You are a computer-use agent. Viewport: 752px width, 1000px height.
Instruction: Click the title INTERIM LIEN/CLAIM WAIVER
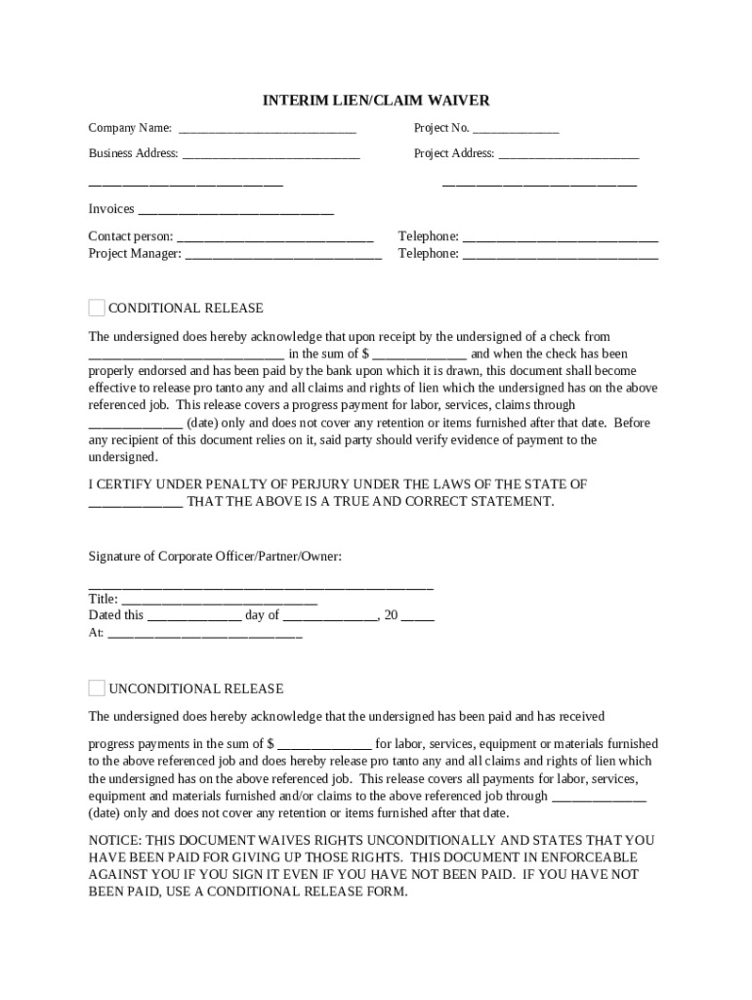coord(376,101)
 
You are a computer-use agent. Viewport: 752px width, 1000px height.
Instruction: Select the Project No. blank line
coord(516,129)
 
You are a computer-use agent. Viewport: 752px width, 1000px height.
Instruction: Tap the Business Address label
coord(133,153)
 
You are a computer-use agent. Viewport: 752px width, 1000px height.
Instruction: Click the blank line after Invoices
coord(235,210)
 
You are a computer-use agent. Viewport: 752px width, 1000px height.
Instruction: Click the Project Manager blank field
coord(283,254)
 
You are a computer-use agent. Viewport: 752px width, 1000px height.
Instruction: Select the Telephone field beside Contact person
coord(560,237)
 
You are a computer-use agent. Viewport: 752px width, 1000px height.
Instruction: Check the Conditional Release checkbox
coord(97,308)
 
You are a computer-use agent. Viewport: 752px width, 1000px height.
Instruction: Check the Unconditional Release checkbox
coord(97,687)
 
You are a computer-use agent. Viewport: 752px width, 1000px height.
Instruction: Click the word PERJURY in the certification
coord(310,484)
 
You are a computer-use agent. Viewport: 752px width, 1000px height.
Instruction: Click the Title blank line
coord(219,600)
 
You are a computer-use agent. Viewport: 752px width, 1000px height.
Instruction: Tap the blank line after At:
coord(205,634)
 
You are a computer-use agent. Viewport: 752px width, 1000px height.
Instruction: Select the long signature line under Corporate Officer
coord(261,584)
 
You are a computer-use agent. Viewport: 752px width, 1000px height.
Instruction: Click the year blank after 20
coord(418,616)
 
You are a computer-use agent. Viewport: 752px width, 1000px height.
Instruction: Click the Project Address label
coord(454,153)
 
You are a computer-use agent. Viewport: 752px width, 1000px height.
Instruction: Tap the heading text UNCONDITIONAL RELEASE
coord(195,688)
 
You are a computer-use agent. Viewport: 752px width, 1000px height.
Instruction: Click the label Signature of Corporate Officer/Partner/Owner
coord(215,557)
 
